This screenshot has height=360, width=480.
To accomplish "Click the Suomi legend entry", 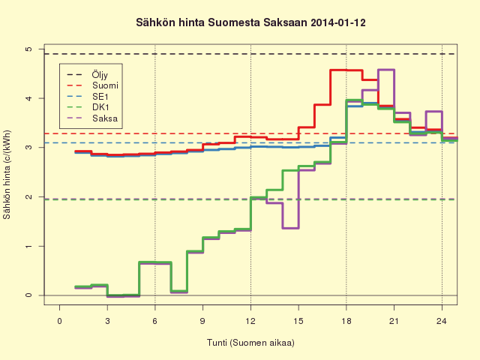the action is (x=92, y=85).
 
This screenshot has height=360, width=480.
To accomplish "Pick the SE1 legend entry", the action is (x=87, y=97).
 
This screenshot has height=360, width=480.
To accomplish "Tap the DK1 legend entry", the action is (x=88, y=107).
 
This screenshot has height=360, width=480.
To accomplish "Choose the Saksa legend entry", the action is (x=91, y=118).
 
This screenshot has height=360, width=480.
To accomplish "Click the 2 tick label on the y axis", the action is (x=28, y=196).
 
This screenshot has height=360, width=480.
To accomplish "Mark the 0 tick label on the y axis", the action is (x=28, y=295).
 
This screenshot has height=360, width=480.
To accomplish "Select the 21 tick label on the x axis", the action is (x=394, y=321).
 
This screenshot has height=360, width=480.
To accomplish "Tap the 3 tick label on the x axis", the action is (x=107, y=321).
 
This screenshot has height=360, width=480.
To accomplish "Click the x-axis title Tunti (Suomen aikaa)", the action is (x=250, y=343).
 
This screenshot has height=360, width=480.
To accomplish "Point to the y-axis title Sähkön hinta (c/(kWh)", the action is (x=7, y=175).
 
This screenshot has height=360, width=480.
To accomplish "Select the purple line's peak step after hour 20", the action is (x=386, y=70).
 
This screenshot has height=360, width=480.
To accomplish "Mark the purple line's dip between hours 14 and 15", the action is (x=290, y=228).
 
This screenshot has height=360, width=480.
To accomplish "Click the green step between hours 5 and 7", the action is (x=155, y=262).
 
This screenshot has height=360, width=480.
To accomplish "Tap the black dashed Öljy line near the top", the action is (x=250, y=54).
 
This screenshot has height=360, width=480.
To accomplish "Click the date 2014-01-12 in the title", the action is (x=338, y=22).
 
